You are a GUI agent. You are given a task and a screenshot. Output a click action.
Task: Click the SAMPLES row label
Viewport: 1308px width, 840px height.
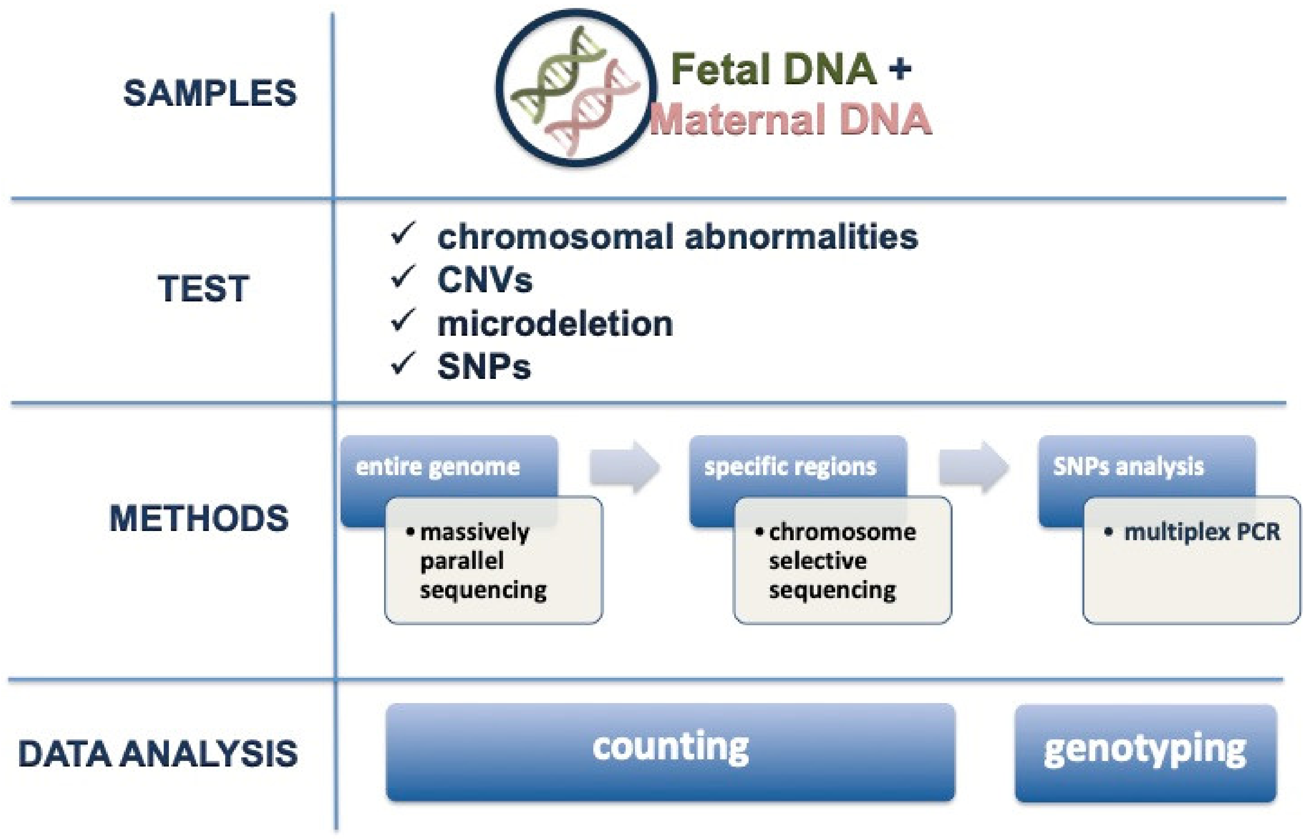click(210, 93)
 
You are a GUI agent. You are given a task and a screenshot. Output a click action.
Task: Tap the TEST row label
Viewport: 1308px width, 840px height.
click(204, 289)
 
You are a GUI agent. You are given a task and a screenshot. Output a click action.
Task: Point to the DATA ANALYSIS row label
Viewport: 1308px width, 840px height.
click(158, 754)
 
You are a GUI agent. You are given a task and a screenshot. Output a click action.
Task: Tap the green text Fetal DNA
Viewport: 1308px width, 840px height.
click(773, 69)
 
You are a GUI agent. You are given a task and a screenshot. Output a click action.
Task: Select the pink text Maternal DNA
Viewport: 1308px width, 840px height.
click(791, 119)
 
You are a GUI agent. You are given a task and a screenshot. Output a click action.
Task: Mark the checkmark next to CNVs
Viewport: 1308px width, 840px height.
click(403, 277)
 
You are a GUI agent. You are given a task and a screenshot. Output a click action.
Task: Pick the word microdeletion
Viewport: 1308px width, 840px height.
click(555, 324)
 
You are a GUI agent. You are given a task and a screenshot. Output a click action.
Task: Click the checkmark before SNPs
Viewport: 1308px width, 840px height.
click(403, 363)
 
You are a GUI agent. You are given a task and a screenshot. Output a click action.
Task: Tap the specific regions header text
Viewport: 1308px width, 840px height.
click(791, 467)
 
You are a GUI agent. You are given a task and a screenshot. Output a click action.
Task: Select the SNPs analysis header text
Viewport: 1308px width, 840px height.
click(1128, 467)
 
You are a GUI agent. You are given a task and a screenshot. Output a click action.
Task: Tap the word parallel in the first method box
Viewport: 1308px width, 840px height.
click(462, 561)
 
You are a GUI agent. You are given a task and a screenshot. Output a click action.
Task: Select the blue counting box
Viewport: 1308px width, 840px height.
click(670, 752)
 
